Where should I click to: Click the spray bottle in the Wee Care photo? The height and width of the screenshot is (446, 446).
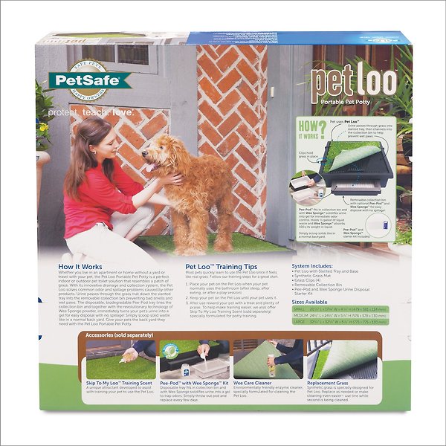[x=272, y=367]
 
